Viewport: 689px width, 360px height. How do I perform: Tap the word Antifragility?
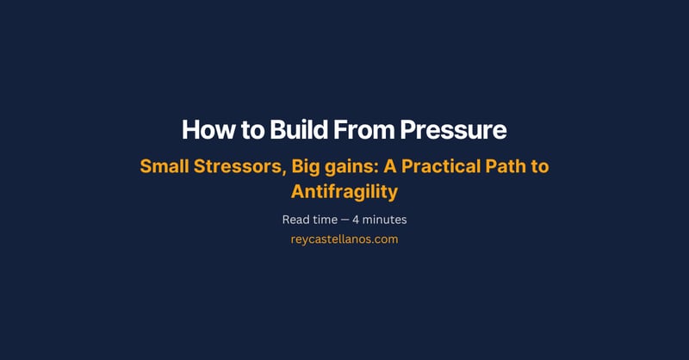point(344,190)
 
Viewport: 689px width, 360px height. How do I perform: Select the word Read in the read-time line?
point(296,220)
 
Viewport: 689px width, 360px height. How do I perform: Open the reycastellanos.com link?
point(344,239)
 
